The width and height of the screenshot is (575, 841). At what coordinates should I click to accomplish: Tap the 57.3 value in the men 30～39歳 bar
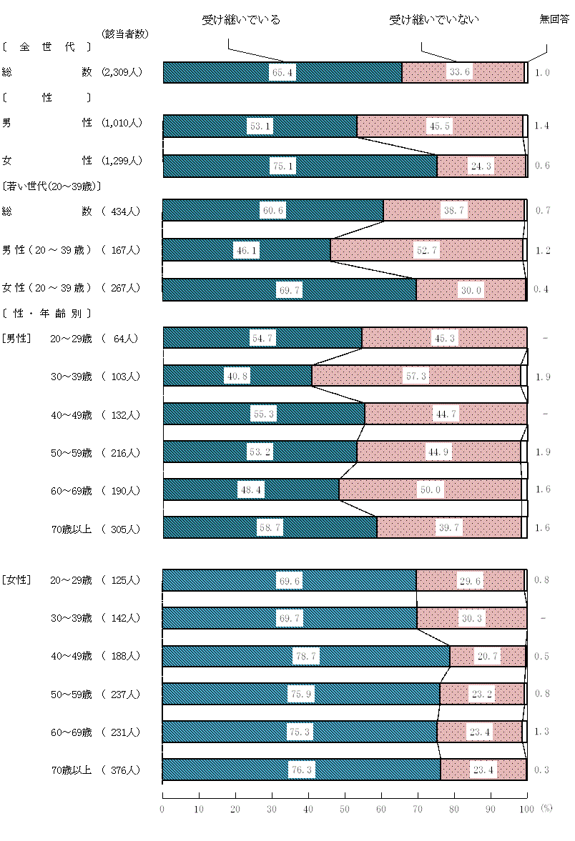click(416, 376)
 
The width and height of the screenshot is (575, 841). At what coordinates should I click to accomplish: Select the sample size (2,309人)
click(122, 72)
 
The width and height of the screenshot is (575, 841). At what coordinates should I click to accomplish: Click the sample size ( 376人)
click(122, 770)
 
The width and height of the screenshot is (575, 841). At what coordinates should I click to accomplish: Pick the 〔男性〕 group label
click(16, 338)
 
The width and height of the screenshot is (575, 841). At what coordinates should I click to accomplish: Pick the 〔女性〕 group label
click(16, 579)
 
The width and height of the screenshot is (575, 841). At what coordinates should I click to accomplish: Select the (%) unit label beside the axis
click(546, 808)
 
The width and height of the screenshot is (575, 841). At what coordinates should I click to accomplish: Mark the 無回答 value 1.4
click(541, 126)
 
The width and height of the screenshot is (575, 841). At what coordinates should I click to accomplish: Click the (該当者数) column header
click(125, 34)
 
